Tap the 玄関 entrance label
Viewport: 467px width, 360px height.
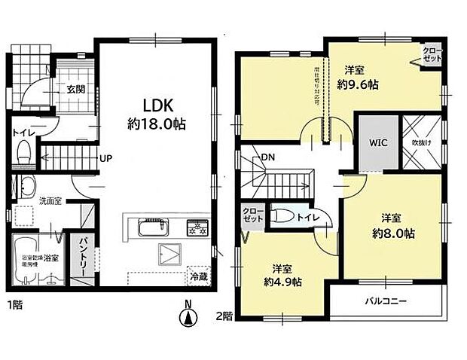(x=75, y=89)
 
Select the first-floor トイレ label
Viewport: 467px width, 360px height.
(x=21, y=136)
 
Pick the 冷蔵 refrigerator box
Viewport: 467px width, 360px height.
(x=198, y=276)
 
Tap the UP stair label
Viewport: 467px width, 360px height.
(x=106, y=159)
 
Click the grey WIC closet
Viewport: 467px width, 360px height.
(x=377, y=142)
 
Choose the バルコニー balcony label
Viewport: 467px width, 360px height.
(x=387, y=301)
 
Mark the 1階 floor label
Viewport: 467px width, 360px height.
(x=14, y=306)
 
